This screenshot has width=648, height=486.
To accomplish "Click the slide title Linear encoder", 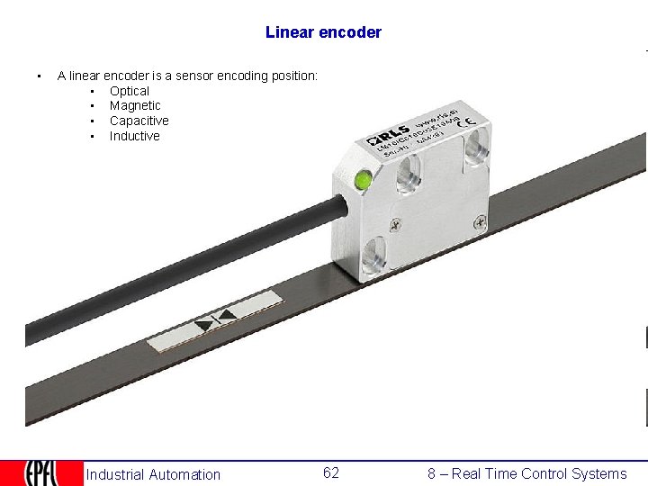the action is [x=323, y=32].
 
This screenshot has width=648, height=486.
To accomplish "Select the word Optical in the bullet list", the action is [x=130, y=91].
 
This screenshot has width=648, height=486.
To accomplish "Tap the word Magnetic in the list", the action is [x=135, y=105].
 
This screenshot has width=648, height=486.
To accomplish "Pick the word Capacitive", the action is [x=139, y=121].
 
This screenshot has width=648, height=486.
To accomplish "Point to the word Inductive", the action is [x=135, y=136].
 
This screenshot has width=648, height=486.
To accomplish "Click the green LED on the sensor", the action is [x=364, y=180].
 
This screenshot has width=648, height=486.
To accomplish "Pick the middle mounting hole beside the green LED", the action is [x=409, y=173].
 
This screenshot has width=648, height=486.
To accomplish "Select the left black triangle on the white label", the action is [x=205, y=322].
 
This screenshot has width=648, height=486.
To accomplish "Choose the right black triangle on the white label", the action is [x=228, y=315].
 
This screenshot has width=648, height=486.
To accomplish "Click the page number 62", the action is [x=331, y=473].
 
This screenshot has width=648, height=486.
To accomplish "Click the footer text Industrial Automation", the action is [x=153, y=474].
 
